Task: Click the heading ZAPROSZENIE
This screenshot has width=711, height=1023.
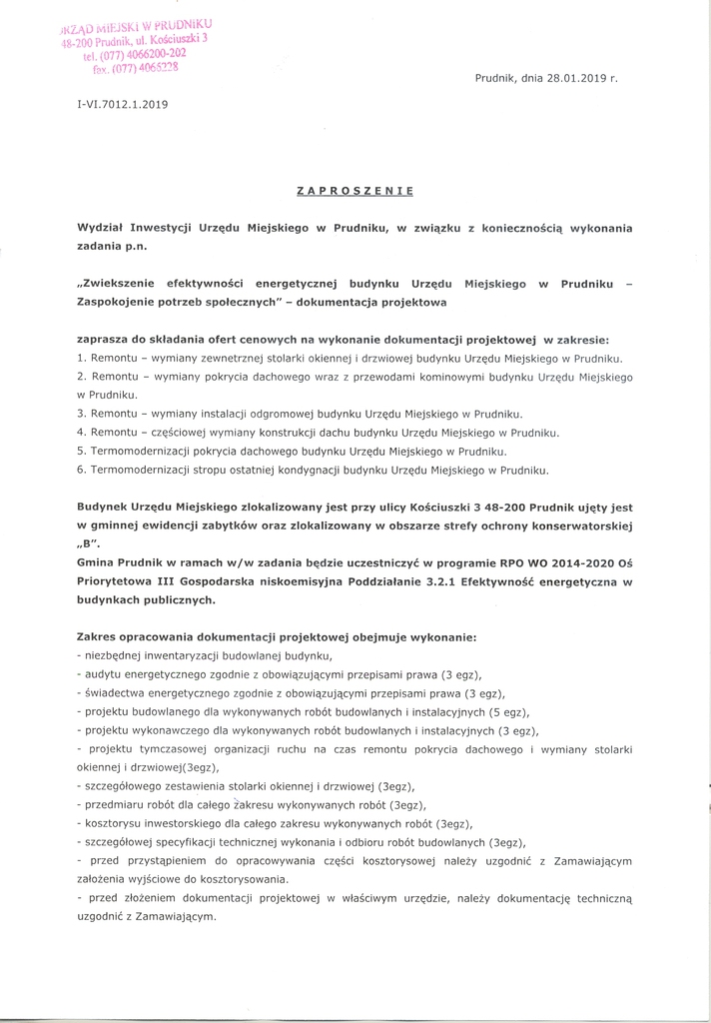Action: tap(355, 189)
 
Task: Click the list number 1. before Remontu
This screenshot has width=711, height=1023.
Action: tap(81, 358)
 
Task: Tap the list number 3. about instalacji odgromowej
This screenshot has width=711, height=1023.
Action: tap(81, 414)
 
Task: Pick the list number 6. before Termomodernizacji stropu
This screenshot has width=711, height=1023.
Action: tap(81, 470)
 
